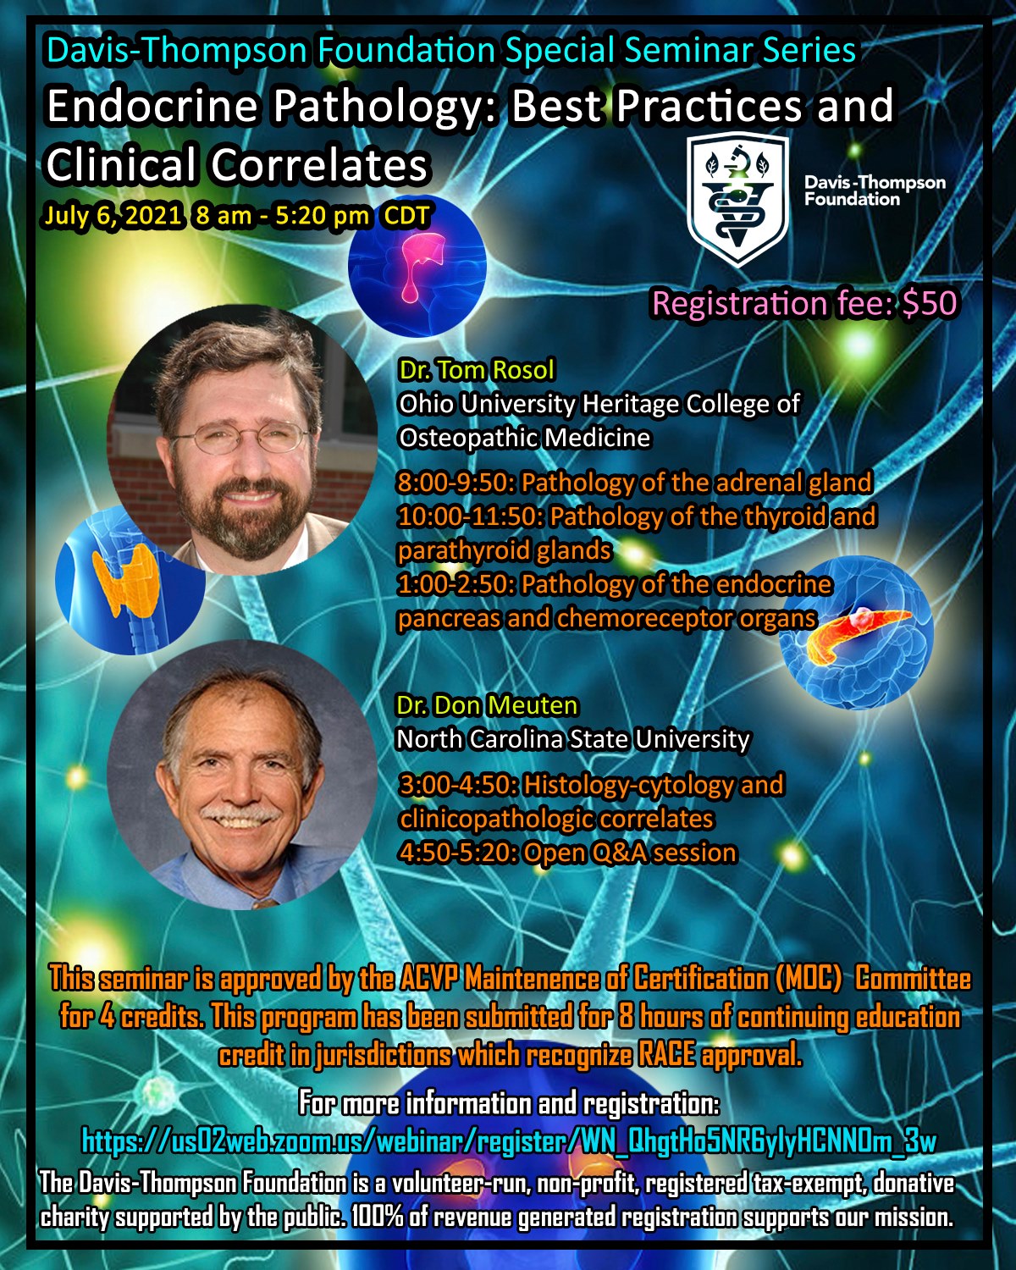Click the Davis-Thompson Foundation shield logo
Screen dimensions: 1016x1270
(738, 201)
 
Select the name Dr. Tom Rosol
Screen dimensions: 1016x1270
(477, 370)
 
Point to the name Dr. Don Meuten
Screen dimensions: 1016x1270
(487, 705)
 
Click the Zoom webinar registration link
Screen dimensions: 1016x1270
(509, 1141)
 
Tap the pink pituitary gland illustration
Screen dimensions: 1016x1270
(420, 264)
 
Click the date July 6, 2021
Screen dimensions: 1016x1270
(112, 215)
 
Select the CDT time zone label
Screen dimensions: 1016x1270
(407, 215)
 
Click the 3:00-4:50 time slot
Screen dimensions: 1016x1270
(459, 785)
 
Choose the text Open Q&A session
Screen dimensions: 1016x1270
(630, 853)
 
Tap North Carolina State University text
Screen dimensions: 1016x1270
(572, 739)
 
